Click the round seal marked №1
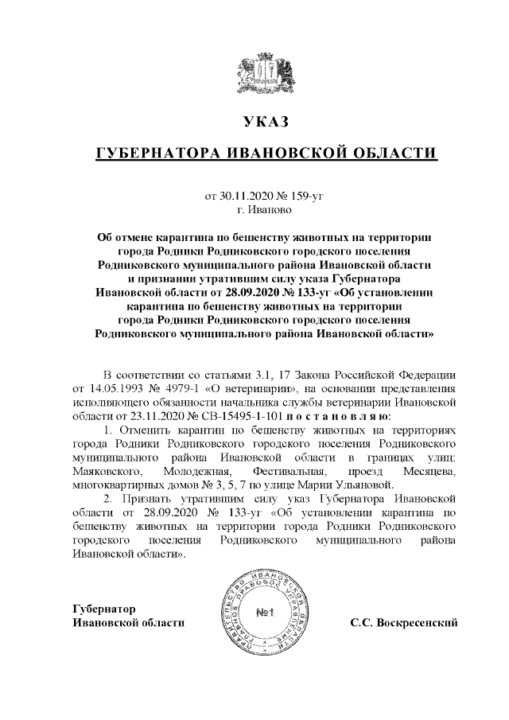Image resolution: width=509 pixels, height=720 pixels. click(266, 613)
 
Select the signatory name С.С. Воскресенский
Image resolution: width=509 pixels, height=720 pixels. click(404, 621)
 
